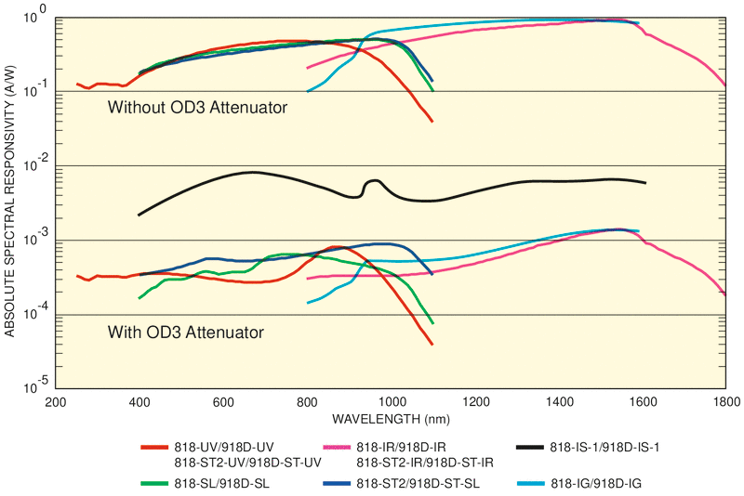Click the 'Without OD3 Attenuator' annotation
(197, 108)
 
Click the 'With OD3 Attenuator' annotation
(185, 332)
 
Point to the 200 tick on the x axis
(56, 402)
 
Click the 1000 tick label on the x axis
(391, 402)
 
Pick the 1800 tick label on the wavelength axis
(725, 402)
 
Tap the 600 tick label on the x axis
(223, 402)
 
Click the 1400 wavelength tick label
(558, 402)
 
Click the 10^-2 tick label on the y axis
(35, 164)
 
